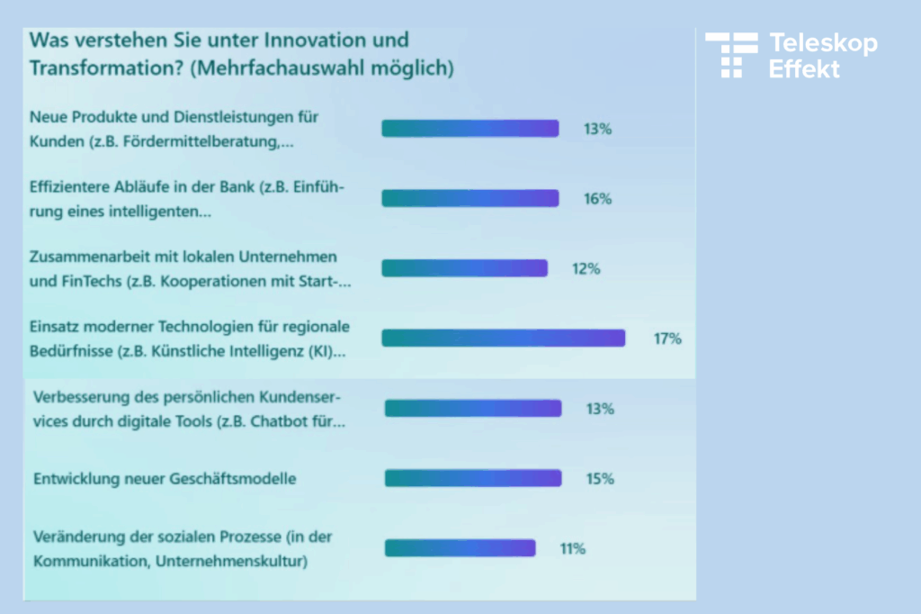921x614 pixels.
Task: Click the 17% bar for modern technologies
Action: click(503, 338)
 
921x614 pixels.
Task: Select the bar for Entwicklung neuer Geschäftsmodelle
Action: click(473, 478)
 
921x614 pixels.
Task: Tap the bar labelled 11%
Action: click(460, 547)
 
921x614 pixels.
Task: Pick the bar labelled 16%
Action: click(469, 198)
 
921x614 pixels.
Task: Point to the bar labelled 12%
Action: click(464, 268)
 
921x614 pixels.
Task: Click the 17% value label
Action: click(667, 339)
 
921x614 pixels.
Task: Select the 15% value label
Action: click(600, 479)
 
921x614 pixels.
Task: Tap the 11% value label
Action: click(573, 548)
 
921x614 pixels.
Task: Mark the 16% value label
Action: click(597, 199)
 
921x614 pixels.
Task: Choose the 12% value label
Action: click(586, 269)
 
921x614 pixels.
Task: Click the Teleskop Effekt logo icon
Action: click(731, 55)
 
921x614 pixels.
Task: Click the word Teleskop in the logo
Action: click(822, 43)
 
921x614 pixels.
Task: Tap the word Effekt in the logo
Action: click(804, 68)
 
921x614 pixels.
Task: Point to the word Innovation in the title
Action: click(304, 41)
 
